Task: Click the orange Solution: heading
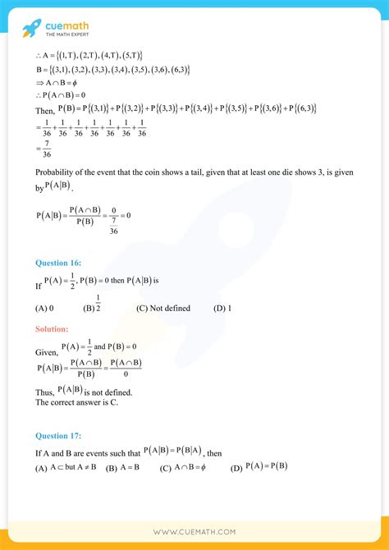click(x=51, y=329)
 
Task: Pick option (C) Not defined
click(x=163, y=309)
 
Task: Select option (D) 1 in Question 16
click(x=222, y=309)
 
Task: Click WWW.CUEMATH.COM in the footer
click(x=194, y=532)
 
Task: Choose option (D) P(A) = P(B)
click(x=259, y=468)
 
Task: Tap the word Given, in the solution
click(x=46, y=351)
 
